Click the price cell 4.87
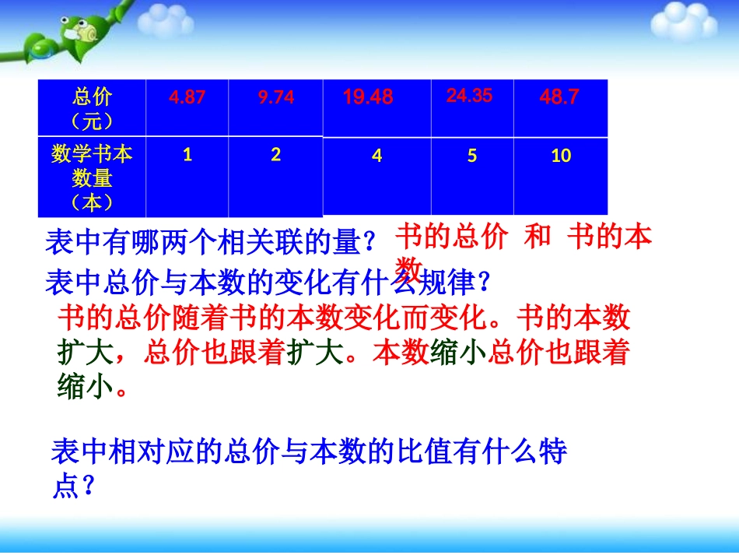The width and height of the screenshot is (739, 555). coord(187,98)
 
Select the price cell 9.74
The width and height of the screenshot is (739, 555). coord(275,98)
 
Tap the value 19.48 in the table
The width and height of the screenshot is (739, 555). coord(368,97)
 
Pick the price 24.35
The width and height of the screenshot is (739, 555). coord(469,96)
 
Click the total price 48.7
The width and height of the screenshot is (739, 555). coord(559,97)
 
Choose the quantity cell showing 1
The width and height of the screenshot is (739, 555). coord(187,155)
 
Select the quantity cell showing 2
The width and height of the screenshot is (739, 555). coord(275,155)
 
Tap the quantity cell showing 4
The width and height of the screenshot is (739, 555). coord(377,156)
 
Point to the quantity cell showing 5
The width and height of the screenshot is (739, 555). coord(472,156)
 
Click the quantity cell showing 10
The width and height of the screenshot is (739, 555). coord(561,156)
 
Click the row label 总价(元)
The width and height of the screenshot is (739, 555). coord(92,109)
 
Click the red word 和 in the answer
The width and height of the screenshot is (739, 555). coord(538,237)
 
